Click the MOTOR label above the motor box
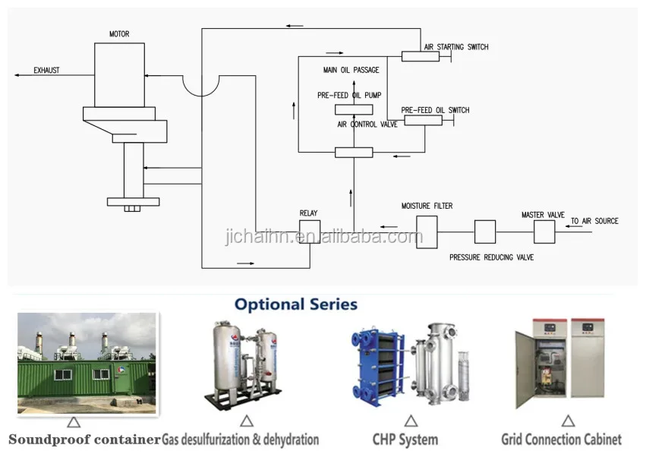pyautogui.click(x=119, y=34)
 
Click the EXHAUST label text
pyautogui.click(x=46, y=71)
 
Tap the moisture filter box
pyautogui.click(x=427, y=231)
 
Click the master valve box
pyautogui.click(x=544, y=232)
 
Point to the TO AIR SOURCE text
pyautogui.click(x=594, y=221)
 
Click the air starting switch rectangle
pyautogui.click(x=420, y=56)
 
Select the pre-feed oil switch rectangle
pyautogui.click(x=423, y=120)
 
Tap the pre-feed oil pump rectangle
pyautogui.click(x=354, y=109)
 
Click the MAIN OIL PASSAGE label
pyautogui.click(x=351, y=71)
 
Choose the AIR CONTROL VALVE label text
pyautogui.click(x=367, y=125)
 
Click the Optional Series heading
pyautogui.click(x=296, y=304)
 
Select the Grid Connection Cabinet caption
pyautogui.click(x=561, y=440)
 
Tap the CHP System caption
pyautogui.click(x=405, y=440)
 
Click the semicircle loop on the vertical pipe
pyautogui.click(x=201, y=85)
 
